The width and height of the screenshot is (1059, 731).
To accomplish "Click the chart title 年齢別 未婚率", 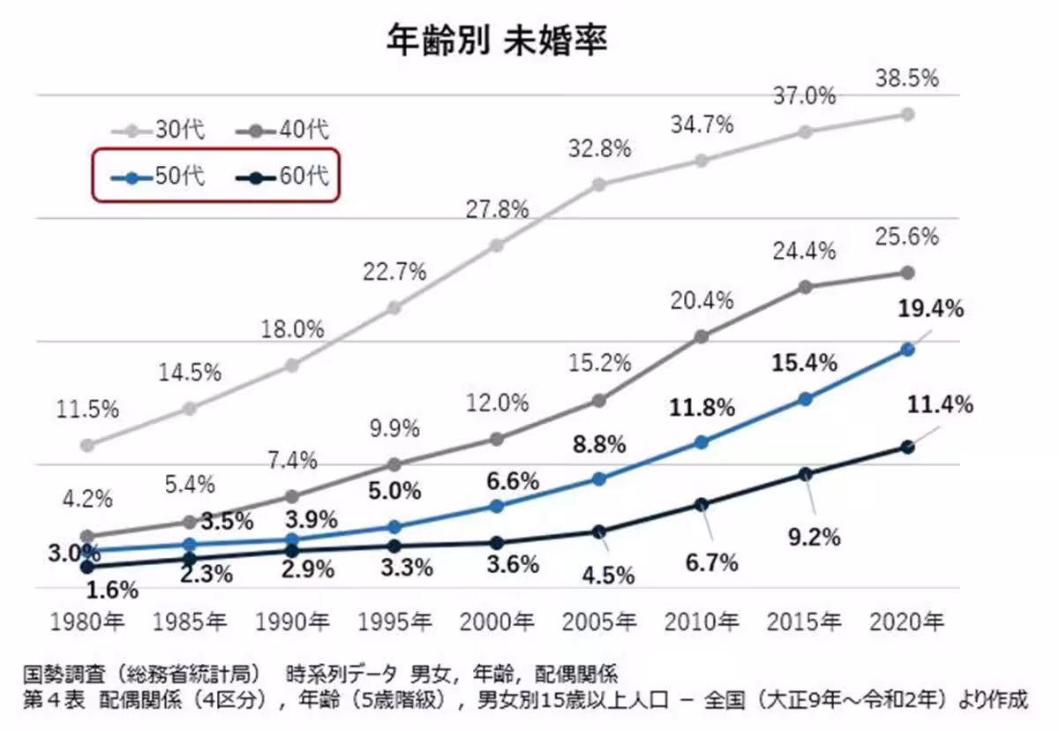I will [x=497, y=41].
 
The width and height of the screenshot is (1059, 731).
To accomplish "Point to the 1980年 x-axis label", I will [x=86, y=622].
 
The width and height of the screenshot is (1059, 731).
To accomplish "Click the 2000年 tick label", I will [x=496, y=622].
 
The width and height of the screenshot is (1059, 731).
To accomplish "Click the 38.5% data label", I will [x=906, y=79].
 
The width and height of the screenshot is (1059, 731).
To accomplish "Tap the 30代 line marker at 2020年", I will [x=907, y=114].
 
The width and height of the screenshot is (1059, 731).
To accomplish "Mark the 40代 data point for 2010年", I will [x=702, y=336].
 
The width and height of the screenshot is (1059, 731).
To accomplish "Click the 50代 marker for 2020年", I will [x=907, y=350].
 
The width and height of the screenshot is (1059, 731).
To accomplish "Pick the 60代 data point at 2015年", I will [x=805, y=474].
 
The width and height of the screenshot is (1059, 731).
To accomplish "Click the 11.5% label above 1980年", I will [x=87, y=410].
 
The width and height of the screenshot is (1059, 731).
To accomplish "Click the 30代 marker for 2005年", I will [x=599, y=185].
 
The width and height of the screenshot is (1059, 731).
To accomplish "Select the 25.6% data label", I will [x=906, y=237].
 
